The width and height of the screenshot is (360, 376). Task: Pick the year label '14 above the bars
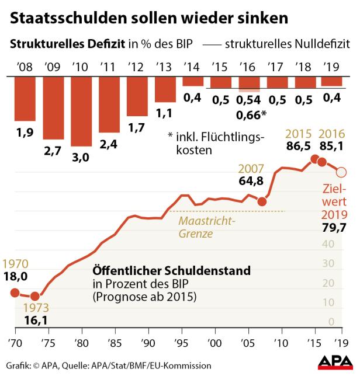tap(192, 67)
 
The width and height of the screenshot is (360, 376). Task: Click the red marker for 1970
tap(15, 293)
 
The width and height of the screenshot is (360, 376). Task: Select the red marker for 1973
tap(34, 297)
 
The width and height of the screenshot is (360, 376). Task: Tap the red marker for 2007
tap(262, 201)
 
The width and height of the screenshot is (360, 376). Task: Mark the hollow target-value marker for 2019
tap(342, 172)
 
